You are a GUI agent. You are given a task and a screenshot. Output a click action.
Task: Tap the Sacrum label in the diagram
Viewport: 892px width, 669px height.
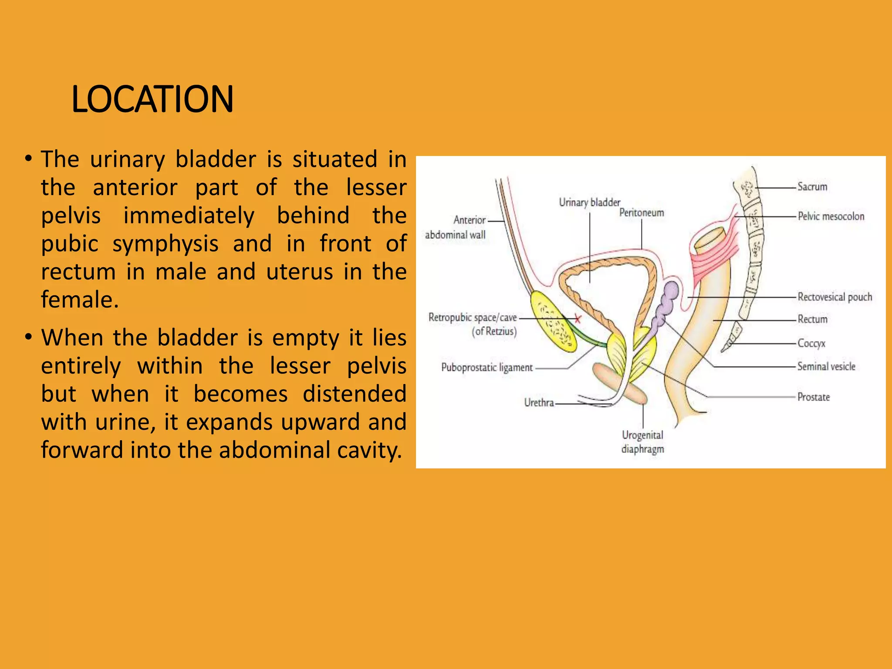812,187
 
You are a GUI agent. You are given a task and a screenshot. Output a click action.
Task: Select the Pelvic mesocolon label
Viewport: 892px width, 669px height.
831,216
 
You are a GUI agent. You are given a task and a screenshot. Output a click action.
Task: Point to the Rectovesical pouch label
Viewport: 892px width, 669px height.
835,297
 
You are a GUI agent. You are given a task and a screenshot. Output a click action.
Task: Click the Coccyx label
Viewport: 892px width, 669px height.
811,343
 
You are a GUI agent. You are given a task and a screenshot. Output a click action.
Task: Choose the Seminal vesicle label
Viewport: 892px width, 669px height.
826,367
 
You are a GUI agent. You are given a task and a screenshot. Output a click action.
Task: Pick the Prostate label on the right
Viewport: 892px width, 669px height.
814,397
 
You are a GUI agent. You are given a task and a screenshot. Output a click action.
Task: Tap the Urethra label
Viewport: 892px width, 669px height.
539,403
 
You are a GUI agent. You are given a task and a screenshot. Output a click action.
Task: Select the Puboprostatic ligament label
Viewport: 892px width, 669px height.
487,368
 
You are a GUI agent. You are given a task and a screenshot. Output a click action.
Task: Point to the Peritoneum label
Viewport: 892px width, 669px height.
642,213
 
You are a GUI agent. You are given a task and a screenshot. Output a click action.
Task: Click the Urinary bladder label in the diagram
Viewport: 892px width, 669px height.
589,203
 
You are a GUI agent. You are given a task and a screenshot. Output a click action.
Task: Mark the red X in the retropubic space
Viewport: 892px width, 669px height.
578,319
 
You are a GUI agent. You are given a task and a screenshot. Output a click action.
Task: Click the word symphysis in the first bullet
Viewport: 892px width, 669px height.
166,243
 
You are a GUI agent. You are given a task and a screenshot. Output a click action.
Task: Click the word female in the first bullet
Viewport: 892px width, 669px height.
79,300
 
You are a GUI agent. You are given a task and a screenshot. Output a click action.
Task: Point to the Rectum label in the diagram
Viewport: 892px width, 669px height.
812,319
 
